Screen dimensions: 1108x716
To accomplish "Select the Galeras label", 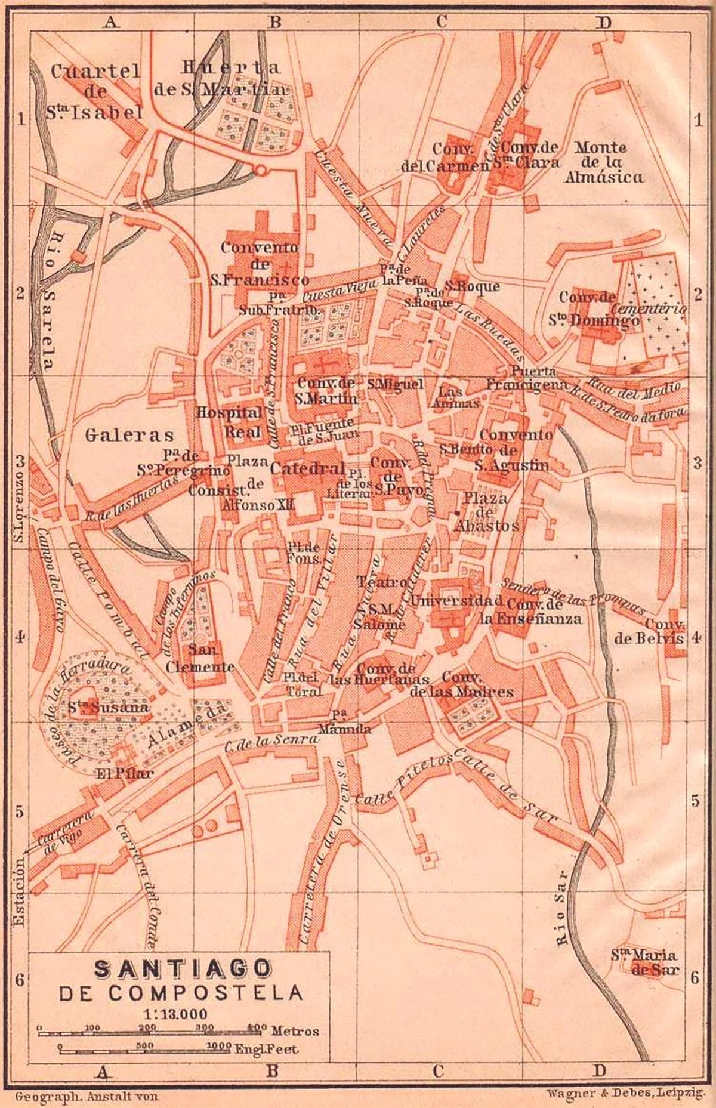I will (x=129, y=434).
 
